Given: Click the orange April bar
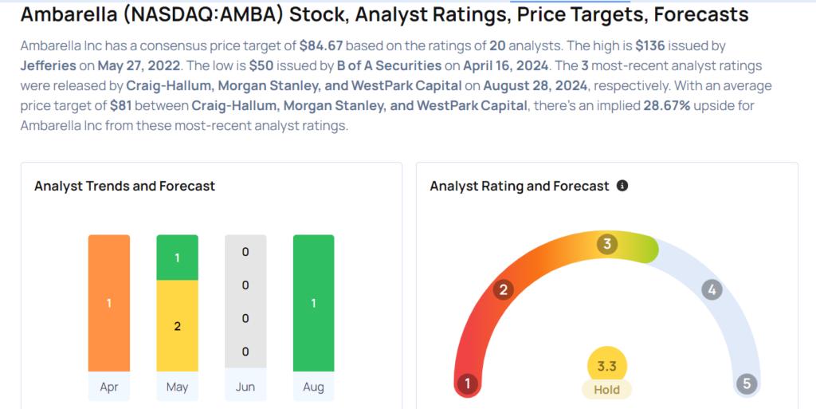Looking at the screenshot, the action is point(108,303).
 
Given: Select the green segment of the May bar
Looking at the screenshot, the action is point(177,258).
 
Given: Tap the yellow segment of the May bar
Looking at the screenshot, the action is point(177,326).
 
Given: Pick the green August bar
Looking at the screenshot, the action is point(313,303).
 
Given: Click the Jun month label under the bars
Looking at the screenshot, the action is point(245,387).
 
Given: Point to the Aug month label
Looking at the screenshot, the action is point(313,387).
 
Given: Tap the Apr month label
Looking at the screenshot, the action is point(108,387).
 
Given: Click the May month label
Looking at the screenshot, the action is point(177,387).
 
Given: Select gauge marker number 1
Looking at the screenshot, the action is point(467,384).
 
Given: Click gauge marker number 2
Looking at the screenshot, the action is point(504,290).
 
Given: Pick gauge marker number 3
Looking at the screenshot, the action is point(606,244).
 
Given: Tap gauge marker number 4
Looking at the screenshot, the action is point(712,290).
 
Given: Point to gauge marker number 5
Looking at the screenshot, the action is point(747,384).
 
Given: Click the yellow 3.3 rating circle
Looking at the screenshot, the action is point(606,366).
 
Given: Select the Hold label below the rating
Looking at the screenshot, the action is point(606,390).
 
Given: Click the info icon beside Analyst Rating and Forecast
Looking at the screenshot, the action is point(622,186).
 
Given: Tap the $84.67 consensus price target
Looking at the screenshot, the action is point(321,45).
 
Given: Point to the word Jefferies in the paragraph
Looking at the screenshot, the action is point(49,66).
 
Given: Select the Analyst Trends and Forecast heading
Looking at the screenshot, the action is point(124,186).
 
